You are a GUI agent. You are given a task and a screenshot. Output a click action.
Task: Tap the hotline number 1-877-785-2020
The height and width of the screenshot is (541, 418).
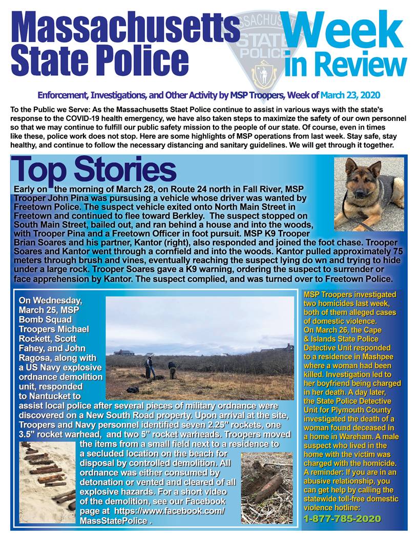342,518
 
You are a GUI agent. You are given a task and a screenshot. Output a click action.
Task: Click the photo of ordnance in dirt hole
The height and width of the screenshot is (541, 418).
266,487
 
